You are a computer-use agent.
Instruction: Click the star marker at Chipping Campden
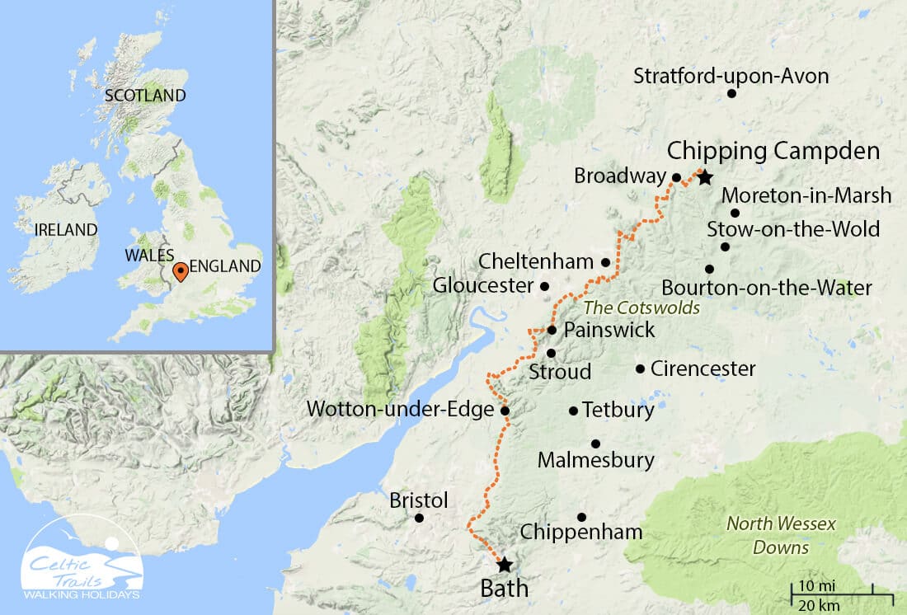704,178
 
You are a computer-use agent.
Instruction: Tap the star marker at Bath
504,565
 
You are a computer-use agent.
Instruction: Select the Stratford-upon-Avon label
731,77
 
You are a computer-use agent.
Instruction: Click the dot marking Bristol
420,519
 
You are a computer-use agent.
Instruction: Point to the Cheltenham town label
537,262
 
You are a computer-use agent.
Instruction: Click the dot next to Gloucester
544,287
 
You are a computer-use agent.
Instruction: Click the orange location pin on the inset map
180,271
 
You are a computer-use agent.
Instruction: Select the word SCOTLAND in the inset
145,96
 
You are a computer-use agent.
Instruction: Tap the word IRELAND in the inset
66,229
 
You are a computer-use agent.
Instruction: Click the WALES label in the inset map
149,255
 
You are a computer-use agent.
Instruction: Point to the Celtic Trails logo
82,567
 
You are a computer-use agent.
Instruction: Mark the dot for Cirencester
641,369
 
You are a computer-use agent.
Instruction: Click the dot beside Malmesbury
595,444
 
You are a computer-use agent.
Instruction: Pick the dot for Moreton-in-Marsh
735,213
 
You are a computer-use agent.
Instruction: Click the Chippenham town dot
581,518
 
